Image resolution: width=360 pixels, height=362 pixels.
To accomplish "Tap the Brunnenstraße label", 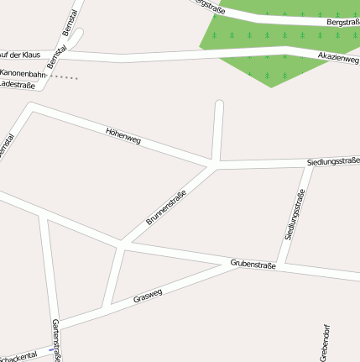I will point(166,207).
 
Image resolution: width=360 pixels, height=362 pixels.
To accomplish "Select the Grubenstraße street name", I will point(253,265).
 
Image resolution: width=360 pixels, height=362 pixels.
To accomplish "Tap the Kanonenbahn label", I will point(23,74).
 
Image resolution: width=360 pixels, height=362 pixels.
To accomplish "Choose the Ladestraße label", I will point(17,84).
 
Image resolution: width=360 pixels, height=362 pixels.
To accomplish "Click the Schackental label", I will point(17,357).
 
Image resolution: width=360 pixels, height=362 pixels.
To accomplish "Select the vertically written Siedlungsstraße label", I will point(295,215).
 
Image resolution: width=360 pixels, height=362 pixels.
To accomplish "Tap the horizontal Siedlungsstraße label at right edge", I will point(333,160).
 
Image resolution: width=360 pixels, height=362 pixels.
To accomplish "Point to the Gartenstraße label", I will point(56,340).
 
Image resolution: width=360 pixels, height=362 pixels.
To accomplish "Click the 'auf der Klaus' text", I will point(20,54).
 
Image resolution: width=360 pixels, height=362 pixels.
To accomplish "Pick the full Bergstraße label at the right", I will point(342,22).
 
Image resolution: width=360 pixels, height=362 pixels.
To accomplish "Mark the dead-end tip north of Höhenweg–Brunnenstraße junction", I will point(219,104).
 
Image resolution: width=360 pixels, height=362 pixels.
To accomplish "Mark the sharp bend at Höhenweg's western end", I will point(31,107).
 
